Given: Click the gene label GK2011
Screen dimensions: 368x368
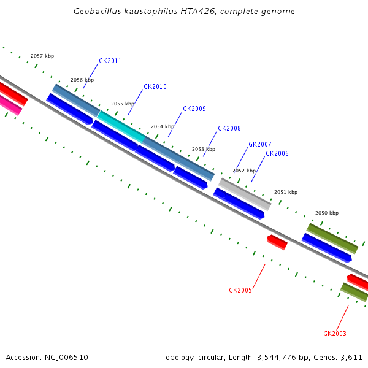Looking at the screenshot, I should pyautogui.click(x=110, y=61).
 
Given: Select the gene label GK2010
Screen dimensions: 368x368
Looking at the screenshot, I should pyautogui.click(x=155, y=87).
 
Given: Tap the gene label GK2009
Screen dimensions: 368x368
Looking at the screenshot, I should pyautogui.click(x=194, y=109).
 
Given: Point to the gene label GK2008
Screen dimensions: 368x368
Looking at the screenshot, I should pyautogui.click(x=229, y=129).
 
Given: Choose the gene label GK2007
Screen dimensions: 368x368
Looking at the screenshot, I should pyautogui.click(x=259, y=145).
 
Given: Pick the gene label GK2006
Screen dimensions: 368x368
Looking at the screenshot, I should pyautogui.click(x=277, y=154).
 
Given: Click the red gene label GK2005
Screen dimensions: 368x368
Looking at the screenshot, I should pyautogui.click(x=240, y=290).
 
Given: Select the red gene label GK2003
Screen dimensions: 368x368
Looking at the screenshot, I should pyautogui.click(x=334, y=334).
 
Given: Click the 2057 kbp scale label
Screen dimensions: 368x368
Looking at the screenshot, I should pyautogui.click(x=42, y=56).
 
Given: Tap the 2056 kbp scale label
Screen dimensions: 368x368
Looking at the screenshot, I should pyautogui.click(x=82, y=80).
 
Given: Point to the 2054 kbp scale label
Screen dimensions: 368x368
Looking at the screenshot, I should pyautogui.click(x=163, y=126).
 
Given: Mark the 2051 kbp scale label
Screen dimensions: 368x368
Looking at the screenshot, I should pyautogui.click(x=286, y=192).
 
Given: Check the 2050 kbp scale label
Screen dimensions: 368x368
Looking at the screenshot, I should pyautogui.click(x=327, y=213).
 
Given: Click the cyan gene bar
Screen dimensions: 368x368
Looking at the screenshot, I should pyautogui.click(x=121, y=126).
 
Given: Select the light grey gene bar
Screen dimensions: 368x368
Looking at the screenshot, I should pyautogui.click(x=245, y=194).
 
